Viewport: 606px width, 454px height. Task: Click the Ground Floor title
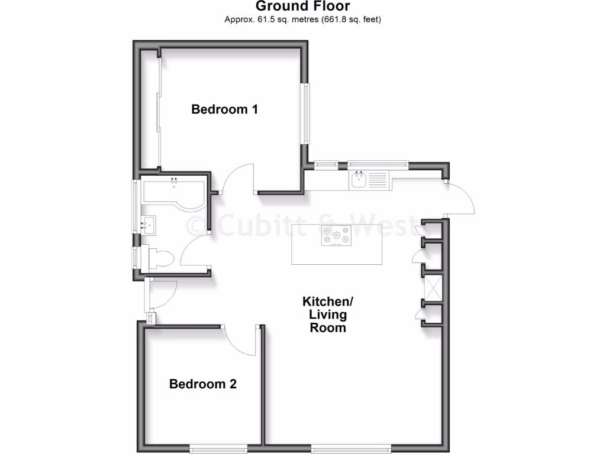(302, 7)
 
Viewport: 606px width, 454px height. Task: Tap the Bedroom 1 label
(224, 109)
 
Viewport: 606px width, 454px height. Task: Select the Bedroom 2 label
(203, 384)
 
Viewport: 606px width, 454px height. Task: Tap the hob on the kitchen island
(336, 236)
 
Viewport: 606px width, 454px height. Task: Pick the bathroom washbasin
(148, 225)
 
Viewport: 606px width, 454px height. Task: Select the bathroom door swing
(195, 251)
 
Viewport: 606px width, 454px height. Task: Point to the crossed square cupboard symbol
(431, 288)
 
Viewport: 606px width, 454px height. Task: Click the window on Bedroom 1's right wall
(306, 113)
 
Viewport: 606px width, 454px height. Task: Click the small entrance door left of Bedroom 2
(161, 294)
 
